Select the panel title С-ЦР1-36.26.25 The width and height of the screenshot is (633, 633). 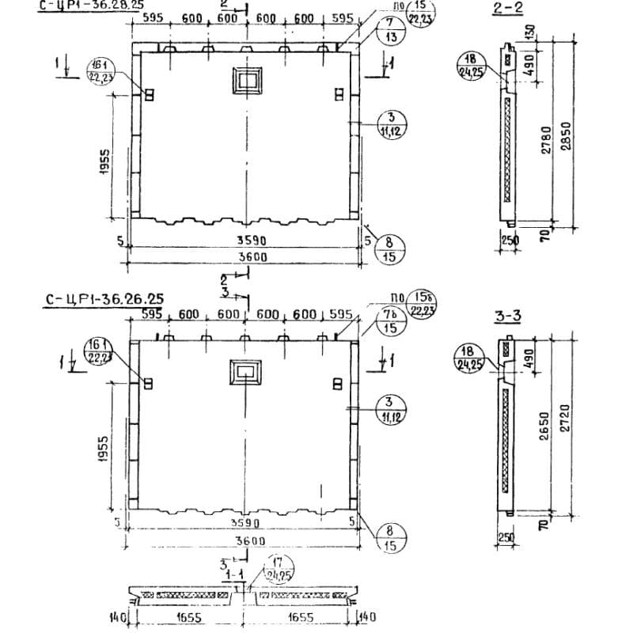coord(104,298)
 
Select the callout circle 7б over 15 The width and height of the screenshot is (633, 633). coord(391,321)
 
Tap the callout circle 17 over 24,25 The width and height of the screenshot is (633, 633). coord(277,570)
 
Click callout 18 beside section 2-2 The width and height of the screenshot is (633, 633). coord(471,64)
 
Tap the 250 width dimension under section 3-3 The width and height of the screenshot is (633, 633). coord(506,537)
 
